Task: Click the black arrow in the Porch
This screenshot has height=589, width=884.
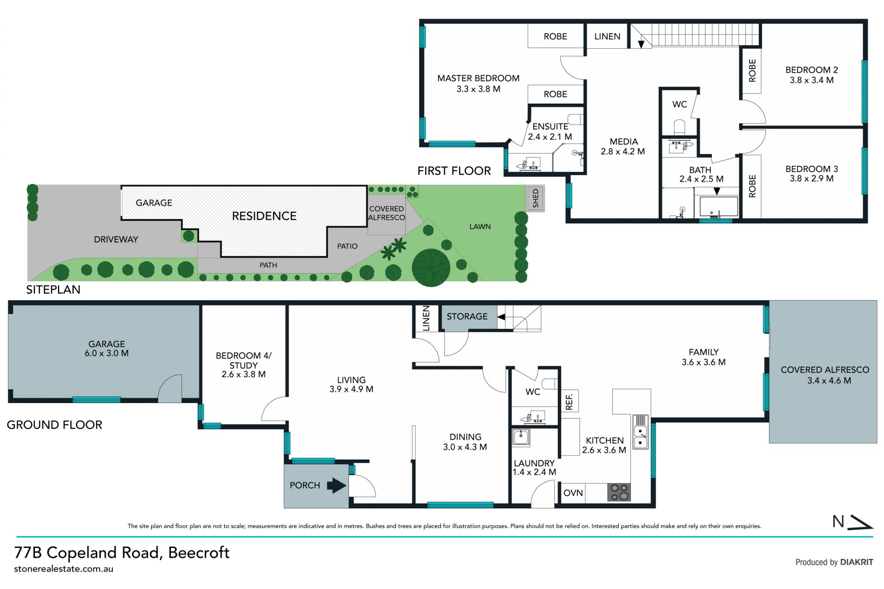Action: [x=337, y=485]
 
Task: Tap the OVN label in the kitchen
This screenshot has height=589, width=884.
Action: [x=573, y=493]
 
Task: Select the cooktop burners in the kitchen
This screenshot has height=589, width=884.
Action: [x=619, y=492]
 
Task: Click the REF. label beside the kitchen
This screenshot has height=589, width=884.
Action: [x=569, y=402]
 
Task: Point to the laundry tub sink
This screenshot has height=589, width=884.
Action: [x=521, y=437]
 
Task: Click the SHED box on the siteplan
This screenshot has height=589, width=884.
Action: [x=535, y=198]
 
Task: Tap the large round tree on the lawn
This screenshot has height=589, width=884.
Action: [x=431, y=268]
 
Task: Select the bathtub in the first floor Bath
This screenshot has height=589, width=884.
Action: [x=719, y=207]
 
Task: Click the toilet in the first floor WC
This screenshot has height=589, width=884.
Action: [x=680, y=127]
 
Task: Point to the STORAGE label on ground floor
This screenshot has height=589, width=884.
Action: [x=467, y=316]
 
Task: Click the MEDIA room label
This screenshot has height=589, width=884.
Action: [x=624, y=141]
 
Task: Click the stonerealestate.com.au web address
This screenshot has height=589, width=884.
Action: [x=64, y=569]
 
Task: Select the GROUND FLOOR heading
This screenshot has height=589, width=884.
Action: [x=54, y=425]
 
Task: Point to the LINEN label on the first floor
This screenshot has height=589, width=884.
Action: [x=607, y=36]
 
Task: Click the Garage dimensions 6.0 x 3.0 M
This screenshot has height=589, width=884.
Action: [x=106, y=353]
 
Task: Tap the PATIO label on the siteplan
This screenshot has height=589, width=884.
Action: [x=347, y=246]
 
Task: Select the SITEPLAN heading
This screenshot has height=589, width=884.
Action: [x=53, y=290]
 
